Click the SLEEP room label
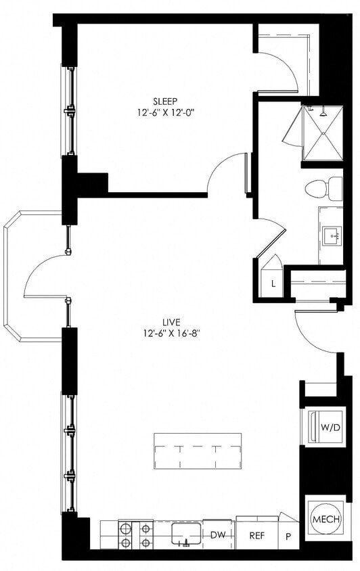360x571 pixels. (x=165, y=101)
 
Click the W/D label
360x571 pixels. (x=330, y=427)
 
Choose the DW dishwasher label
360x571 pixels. (x=219, y=534)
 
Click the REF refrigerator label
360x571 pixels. (x=256, y=534)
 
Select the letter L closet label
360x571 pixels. (x=273, y=283)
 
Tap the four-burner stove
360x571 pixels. (x=135, y=535)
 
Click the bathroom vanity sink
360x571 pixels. (x=332, y=236)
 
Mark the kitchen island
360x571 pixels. (x=198, y=449)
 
